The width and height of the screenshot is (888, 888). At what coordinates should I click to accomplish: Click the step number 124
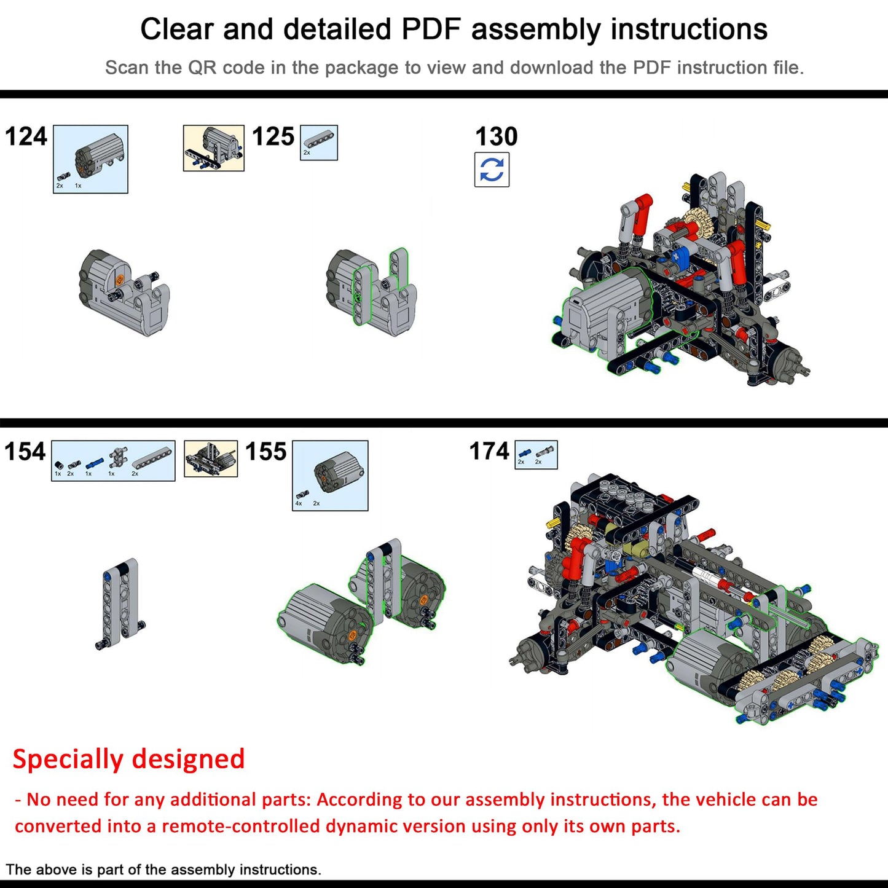(26, 136)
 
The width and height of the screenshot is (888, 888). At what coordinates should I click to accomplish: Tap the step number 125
(273, 136)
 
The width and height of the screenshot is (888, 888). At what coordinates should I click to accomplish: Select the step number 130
(496, 136)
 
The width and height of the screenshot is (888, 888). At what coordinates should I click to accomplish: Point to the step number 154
(25, 452)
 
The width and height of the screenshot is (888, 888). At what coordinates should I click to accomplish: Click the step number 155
(265, 452)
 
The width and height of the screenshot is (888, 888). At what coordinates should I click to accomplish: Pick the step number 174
(489, 451)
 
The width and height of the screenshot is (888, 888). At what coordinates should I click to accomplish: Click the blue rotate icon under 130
(492, 170)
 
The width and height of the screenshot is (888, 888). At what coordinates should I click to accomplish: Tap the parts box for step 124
(90, 159)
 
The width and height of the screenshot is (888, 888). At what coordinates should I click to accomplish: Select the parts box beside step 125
(318, 143)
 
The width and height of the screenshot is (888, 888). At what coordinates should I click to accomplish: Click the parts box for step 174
(536, 455)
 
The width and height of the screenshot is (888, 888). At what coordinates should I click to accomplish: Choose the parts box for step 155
(330, 476)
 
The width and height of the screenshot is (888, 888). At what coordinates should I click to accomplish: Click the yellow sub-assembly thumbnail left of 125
(213, 148)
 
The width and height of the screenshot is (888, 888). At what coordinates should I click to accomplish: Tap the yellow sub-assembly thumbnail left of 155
(211, 458)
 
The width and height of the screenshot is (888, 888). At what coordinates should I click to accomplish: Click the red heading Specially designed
(128, 759)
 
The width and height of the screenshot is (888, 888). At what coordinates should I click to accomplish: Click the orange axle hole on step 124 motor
(120, 280)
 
